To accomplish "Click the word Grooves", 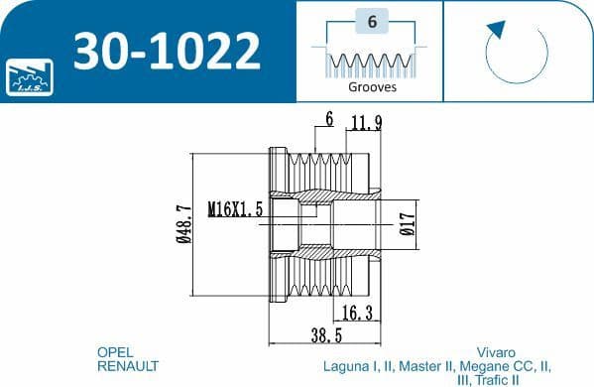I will [x=372, y=86].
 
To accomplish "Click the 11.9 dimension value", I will [x=366, y=124].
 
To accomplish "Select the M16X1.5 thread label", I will [x=235, y=210].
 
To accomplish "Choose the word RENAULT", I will [x=127, y=366].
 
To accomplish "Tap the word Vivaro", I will [x=495, y=352].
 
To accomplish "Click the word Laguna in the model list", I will [x=346, y=366].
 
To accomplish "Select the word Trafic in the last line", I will [x=493, y=380].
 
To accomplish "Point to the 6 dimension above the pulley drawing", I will [x=327, y=120].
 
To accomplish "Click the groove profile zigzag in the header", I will [x=371, y=64].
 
